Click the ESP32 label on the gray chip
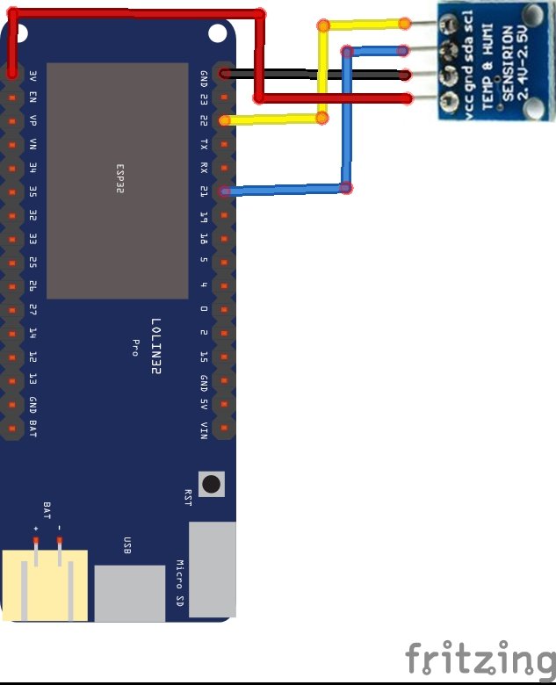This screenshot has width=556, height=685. pyautogui.click(x=120, y=178)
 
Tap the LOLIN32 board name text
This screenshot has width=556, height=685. pyautogui.click(x=155, y=348)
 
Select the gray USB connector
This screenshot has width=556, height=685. pyautogui.click(x=129, y=593)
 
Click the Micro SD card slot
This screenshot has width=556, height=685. pyautogui.click(x=212, y=568)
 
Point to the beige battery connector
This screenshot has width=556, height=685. pyautogui.click(x=46, y=585)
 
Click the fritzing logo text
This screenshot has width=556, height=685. pyautogui.click(x=480, y=658)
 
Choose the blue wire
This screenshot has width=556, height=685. pyautogui.click(x=347, y=123)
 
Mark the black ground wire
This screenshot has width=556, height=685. pyautogui.click(x=316, y=75)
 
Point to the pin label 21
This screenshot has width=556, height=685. pyautogui.click(x=204, y=191)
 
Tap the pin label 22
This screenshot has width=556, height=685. pyautogui.click(x=204, y=120)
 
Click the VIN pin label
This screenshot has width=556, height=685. pyautogui.click(x=204, y=429)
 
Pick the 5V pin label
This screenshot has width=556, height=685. pyautogui.click(x=204, y=406)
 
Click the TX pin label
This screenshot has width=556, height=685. pyautogui.click(x=204, y=144)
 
